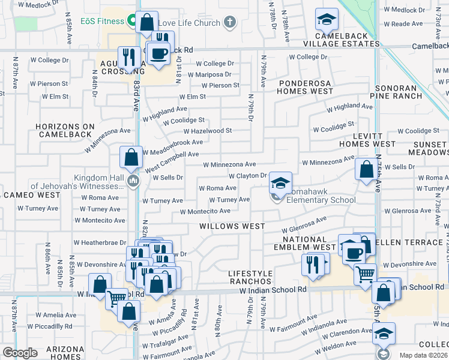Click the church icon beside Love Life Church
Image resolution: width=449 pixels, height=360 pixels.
[x=229, y=23]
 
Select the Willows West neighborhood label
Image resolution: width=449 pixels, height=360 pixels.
[x=232, y=226]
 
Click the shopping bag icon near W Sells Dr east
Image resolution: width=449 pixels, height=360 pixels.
[x=366, y=169]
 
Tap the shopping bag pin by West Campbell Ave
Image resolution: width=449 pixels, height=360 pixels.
[x=131, y=158]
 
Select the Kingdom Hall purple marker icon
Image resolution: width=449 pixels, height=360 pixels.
[x=133, y=180]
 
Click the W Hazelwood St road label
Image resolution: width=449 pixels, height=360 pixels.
[x=207, y=131]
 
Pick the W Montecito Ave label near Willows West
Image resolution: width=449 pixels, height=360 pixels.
[x=205, y=211]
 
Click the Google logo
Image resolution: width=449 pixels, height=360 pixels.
[x=20, y=353]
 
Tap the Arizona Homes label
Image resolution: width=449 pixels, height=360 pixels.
[x=66, y=353]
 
